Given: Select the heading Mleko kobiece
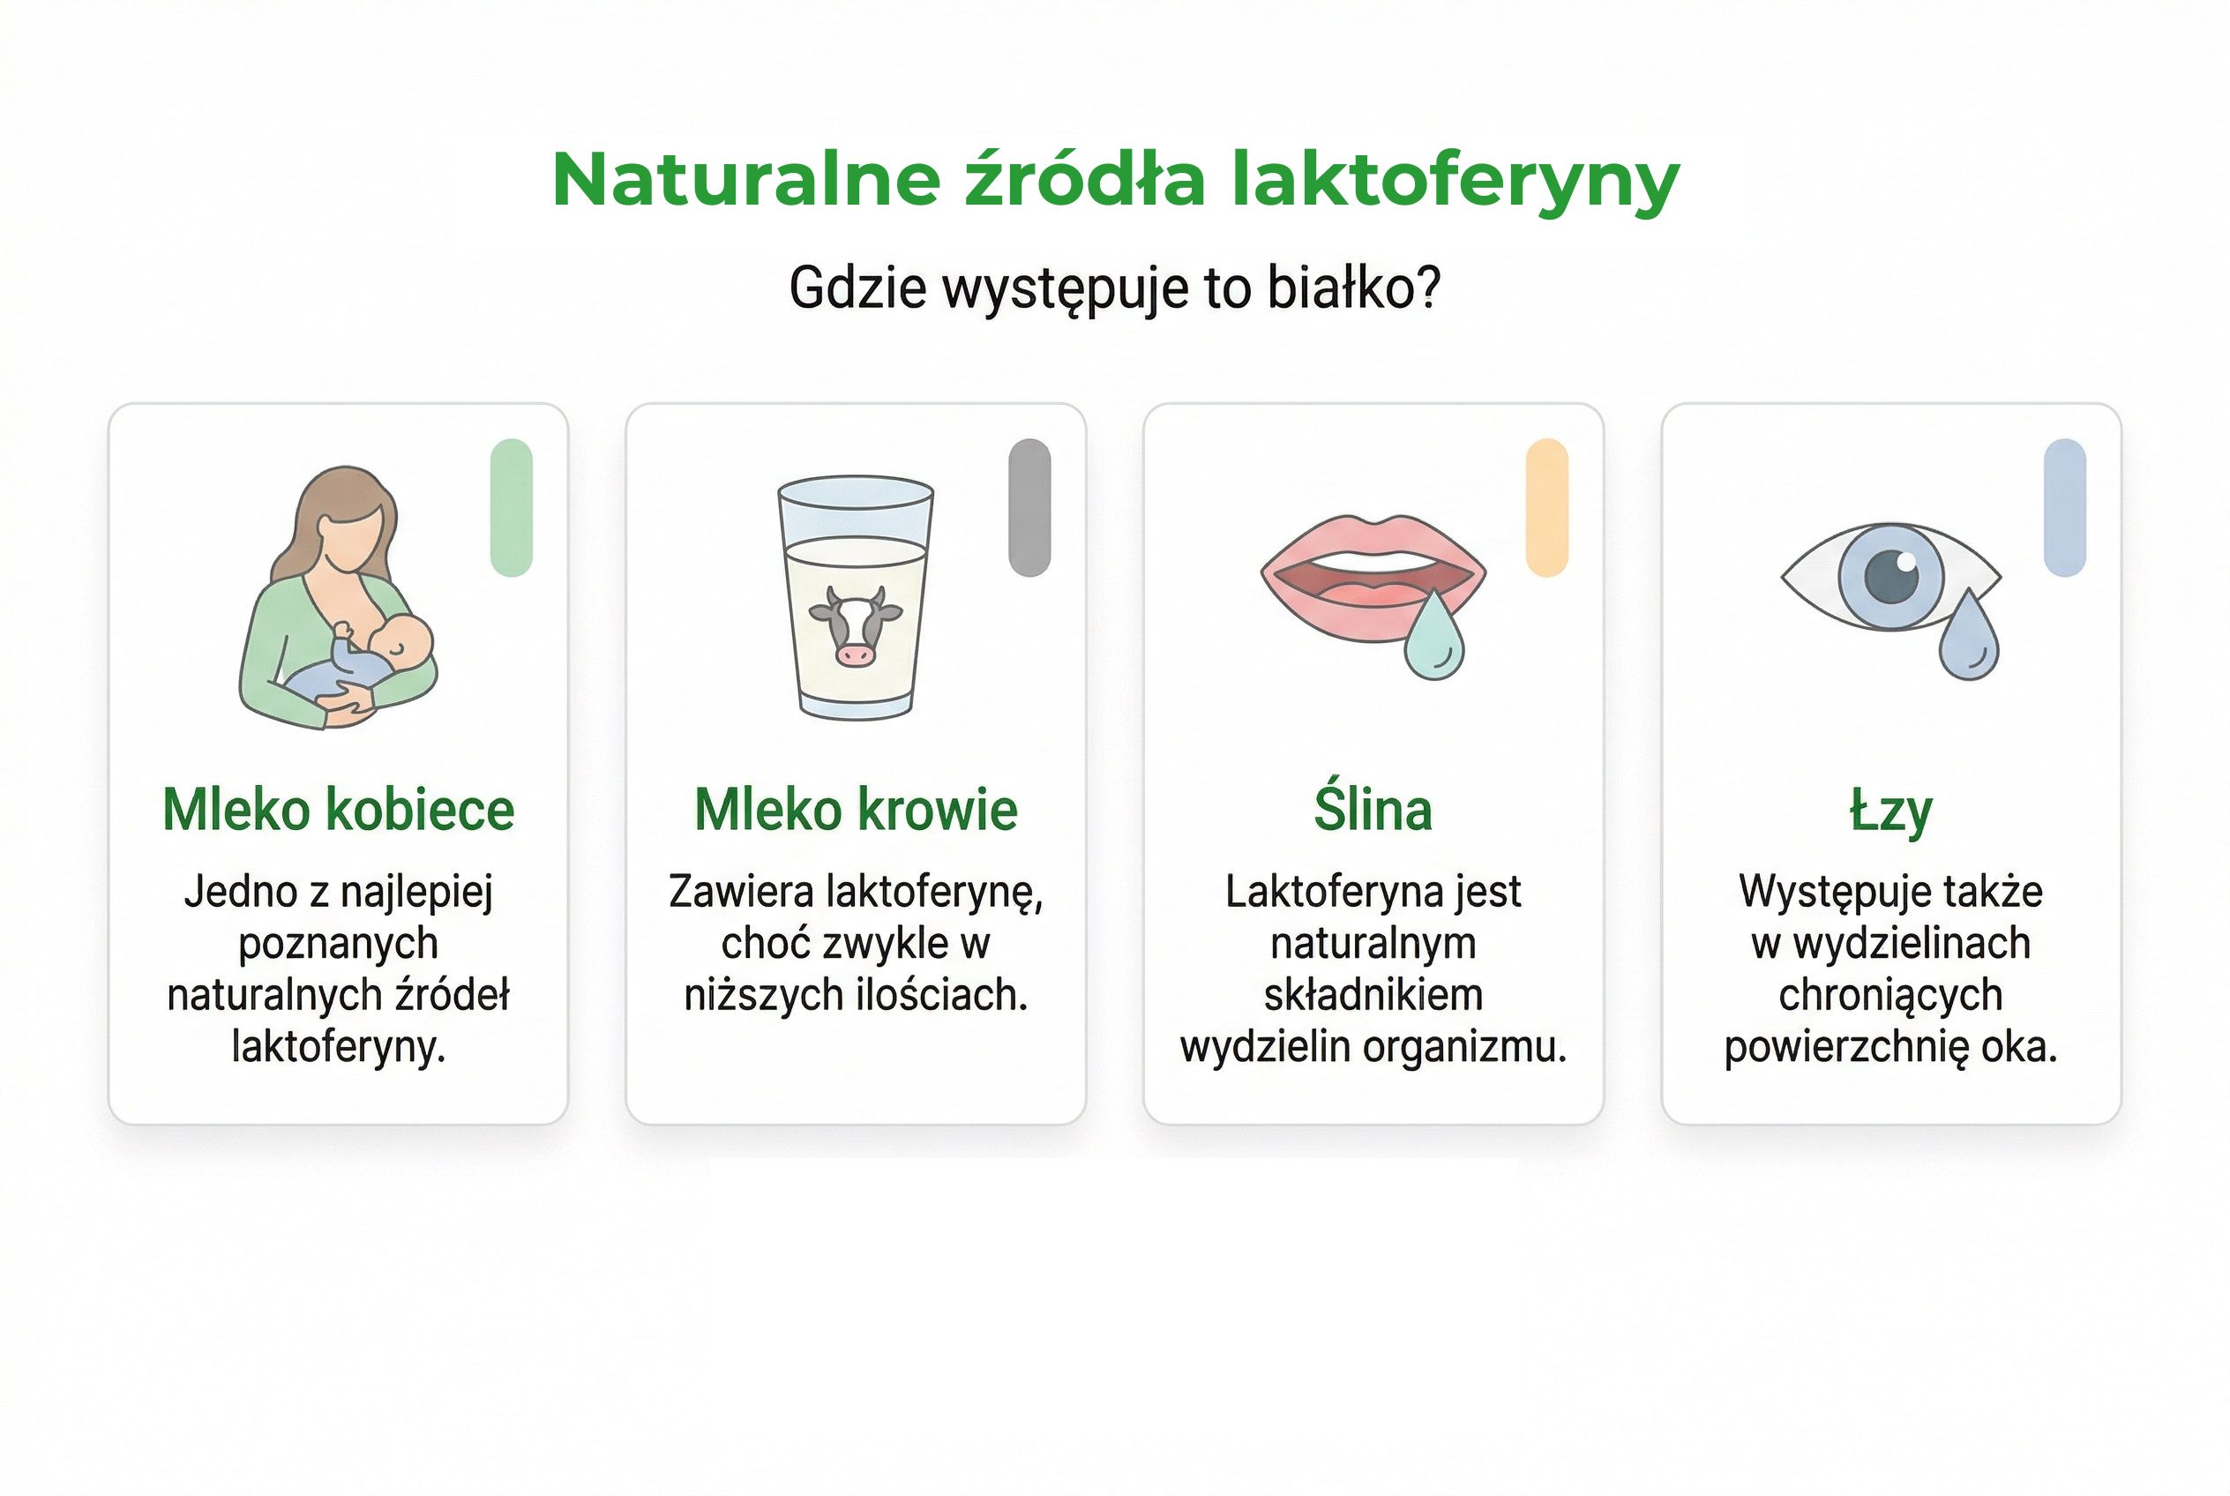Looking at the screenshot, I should pos(339,810).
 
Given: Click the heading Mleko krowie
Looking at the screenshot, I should pos(856,810).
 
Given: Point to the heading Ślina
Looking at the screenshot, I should pos(1373,810).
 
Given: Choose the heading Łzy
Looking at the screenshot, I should pos(1890,812).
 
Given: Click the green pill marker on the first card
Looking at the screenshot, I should pos(512,507).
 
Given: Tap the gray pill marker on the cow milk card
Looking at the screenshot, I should pos(1029,507).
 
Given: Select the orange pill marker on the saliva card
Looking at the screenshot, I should pos(1546,507).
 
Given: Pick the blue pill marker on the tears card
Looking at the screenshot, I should pos(2065,507).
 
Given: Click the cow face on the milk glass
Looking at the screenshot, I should pos(854,625).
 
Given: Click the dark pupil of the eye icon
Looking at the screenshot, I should pos(1890,576).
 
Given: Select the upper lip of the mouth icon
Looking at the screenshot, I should pos(1373,536).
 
